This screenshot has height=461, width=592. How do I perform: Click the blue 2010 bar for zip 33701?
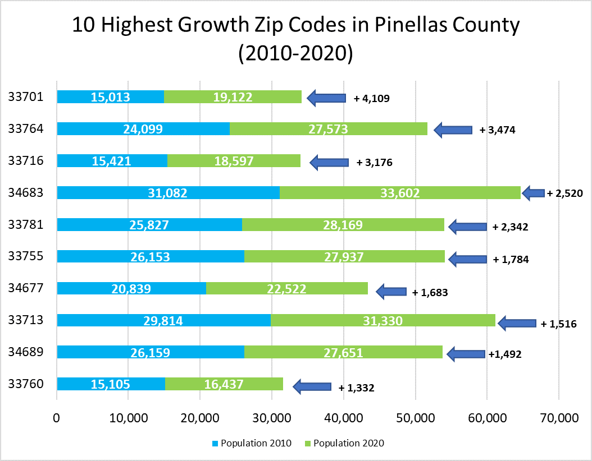click(x=110, y=97)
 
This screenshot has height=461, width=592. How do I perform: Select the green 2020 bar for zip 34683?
click(x=400, y=193)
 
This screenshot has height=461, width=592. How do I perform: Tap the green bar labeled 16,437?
click(x=224, y=384)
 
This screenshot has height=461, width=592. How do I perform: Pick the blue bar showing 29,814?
click(x=163, y=320)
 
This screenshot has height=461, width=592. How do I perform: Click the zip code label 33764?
click(x=26, y=129)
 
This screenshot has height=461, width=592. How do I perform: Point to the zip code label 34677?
click(x=26, y=289)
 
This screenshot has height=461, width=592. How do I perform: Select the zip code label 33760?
click(x=26, y=384)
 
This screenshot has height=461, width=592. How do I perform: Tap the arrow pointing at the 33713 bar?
click(x=517, y=323)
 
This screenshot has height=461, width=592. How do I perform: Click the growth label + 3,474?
click(x=497, y=130)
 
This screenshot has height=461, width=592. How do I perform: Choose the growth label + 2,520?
click(x=565, y=193)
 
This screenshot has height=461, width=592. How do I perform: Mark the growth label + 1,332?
click(x=356, y=388)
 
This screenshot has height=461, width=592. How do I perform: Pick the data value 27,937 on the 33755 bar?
click(x=344, y=257)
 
